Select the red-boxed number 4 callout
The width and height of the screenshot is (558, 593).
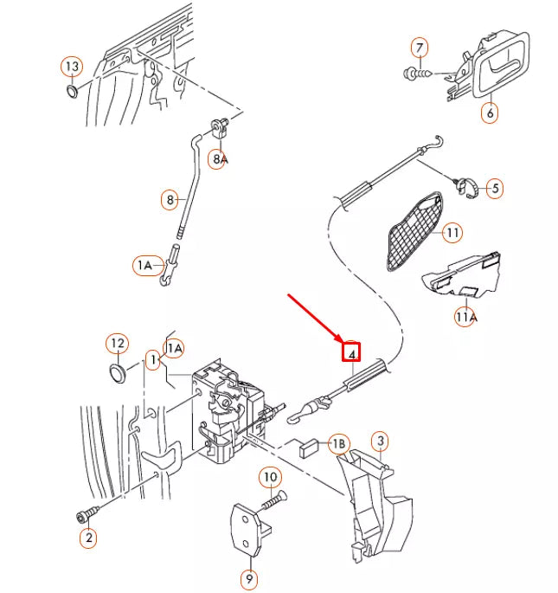click(351, 352)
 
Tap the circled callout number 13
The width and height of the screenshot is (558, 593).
click(72, 67)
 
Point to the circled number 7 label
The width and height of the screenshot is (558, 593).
click(420, 47)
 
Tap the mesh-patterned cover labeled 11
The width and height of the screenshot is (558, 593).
click(413, 231)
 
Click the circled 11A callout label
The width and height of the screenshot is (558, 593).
click(466, 318)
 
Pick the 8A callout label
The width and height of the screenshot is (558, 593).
click(221, 159)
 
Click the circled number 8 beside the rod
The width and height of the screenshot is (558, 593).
click(171, 200)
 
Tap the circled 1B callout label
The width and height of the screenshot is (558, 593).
click(339, 445)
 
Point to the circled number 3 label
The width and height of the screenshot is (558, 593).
click(379, 442)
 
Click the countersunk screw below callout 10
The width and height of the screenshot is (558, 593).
click(276, 500)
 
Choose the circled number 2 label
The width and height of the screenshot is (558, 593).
click(88, 538)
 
